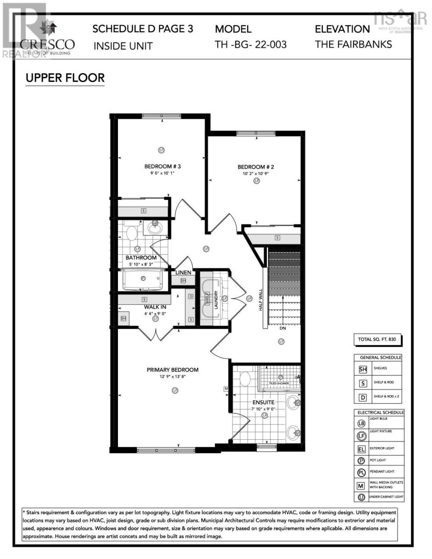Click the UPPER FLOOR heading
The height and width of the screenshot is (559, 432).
(65, 78)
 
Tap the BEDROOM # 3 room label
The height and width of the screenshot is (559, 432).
(162, 167)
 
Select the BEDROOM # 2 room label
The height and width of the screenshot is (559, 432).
(255, 167)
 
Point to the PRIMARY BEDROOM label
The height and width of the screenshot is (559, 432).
(172, 370)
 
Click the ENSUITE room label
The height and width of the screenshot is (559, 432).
(264, 402)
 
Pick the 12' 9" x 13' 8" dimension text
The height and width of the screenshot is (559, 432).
(172, 377)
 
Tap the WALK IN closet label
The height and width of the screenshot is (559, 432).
(155, 307)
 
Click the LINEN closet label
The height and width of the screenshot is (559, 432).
(183, 273)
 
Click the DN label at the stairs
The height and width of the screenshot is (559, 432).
(282, 328)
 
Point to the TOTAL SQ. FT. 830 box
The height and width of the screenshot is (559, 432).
(377, 340)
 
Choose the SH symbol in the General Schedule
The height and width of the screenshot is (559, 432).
(363, 369)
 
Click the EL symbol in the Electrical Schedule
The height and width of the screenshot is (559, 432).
(362, 450)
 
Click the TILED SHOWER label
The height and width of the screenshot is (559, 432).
(279, 383)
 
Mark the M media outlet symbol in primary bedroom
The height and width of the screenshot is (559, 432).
(226, 389)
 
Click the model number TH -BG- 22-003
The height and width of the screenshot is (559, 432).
(251, 45)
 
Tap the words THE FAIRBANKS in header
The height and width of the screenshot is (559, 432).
(353, 45)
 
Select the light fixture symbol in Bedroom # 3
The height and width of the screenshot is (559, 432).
(162, 150)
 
